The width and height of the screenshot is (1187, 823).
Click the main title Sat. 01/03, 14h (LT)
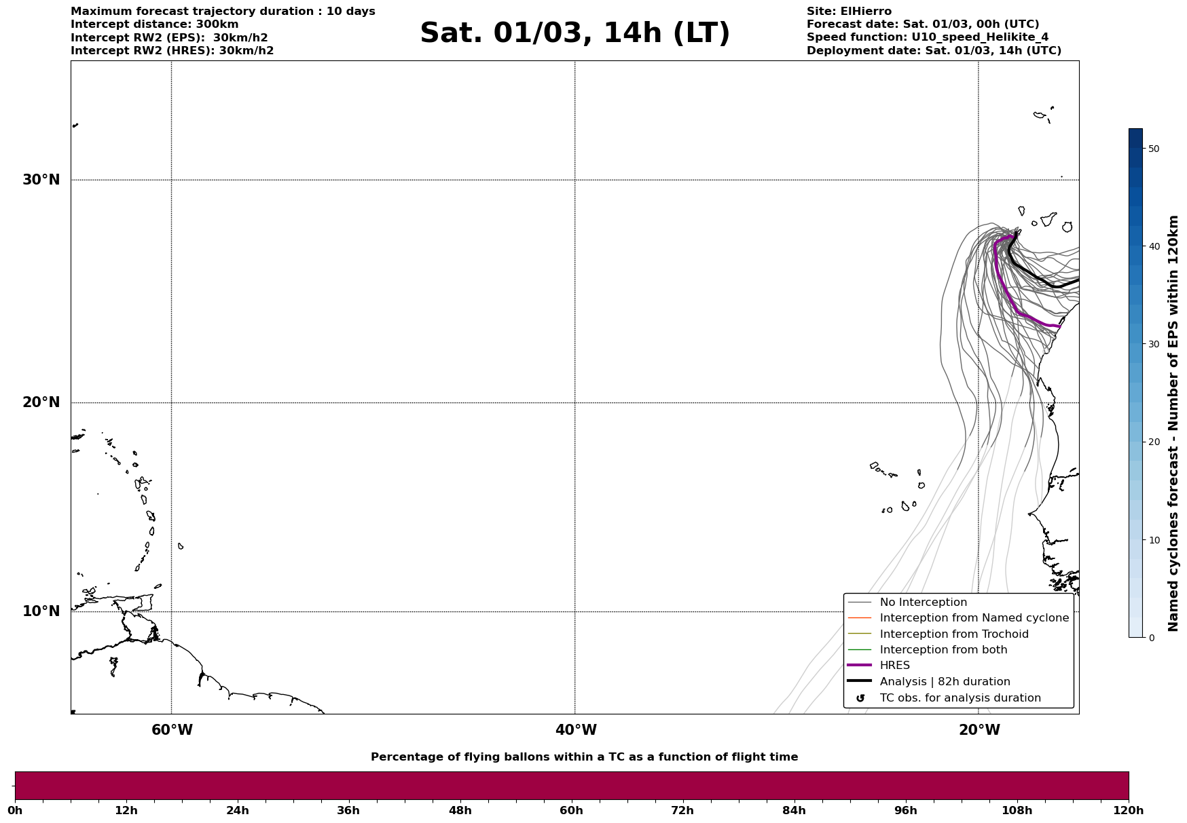pyautogui.click(x=574, y=33)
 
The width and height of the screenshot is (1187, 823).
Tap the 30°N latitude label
pyautogui.click(x=41, y=180)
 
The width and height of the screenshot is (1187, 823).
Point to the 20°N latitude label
pyautogui.click(x=41, y=402)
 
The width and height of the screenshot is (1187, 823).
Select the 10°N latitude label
pyautogui.click(x=41, y=611)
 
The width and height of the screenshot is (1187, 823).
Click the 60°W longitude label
pyautogui.click(x=172, y=730)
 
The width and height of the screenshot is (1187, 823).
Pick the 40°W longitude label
pyautogui.click(x=576, y=730)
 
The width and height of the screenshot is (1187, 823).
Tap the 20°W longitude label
pyautogui.click(x=979, y=730)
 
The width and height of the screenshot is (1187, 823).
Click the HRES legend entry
pyautogui.click(x=894, y=666)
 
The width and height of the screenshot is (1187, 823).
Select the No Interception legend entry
pyautogui.click(x=923, y=602)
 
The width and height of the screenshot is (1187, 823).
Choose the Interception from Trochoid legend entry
pyautogui.click(x=953, y=634)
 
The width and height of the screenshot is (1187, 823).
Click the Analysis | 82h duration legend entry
pyautogui.click(x=945, y=682)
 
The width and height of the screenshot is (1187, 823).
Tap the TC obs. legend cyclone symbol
pyautogui.click(x=860, y=698)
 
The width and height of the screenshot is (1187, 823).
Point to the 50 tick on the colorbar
pyautogui.click(x=1153, y=149)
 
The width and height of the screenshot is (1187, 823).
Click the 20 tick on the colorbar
pyautogui.click(x=1153, y=442)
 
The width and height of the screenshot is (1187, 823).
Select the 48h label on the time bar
pyautogui.click(x=460, y=811)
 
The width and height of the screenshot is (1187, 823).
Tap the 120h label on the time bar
pyautogui.click(x=1129, y=811)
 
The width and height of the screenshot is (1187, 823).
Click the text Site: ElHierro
pyautogui.click(x=849, y=12)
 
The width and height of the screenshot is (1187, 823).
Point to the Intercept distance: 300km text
pyautogui.click(x=155, y=24)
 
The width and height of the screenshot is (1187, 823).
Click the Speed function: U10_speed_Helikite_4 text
pyautogui.click(x=928, y=37)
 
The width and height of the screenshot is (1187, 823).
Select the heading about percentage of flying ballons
pyautogui.click(x=584, y=757)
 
